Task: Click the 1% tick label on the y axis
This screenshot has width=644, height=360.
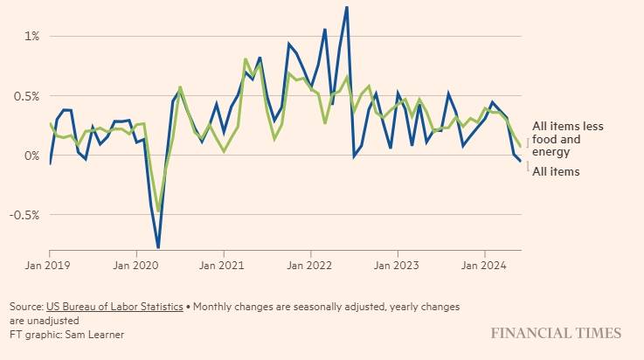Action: tap(31, 36)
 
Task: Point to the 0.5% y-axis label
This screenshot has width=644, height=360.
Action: tap(27, 95)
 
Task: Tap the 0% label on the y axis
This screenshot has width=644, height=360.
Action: tap(31, 155)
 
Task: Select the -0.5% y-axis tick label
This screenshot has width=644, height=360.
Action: tap(24, 214)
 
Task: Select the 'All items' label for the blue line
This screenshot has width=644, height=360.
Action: tap(556, 171)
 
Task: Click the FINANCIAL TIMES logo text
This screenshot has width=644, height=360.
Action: tap(556, 333)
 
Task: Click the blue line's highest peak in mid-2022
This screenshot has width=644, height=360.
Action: tap(347, 7)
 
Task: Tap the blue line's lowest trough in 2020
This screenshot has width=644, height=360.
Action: tap(158, 247)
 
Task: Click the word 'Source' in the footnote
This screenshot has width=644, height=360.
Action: tap(24, 308)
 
